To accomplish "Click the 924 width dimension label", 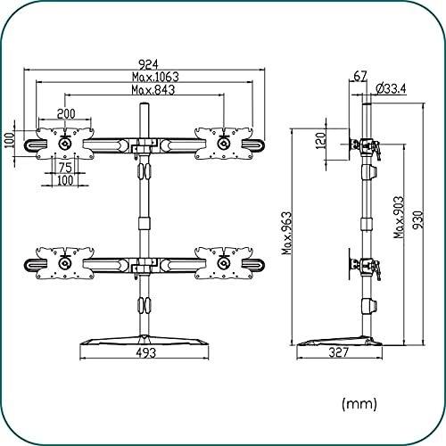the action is point(148,64).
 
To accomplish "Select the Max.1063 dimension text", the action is point(155,77).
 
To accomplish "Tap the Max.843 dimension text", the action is point(153,90).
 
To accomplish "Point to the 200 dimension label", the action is point(66,113).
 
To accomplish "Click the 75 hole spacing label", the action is point(65,168).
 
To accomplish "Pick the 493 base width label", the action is point(146,353).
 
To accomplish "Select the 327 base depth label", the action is point(339,352).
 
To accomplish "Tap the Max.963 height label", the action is point(287,233).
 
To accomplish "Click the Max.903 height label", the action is point(399,217).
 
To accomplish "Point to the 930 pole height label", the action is point(417,220).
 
